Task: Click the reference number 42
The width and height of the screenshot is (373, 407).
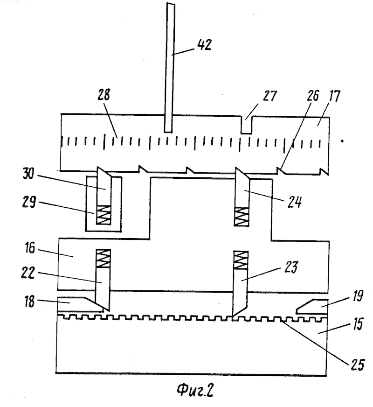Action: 205,45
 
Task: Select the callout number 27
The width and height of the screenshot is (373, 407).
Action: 270,96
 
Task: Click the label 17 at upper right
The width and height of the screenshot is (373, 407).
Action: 334,96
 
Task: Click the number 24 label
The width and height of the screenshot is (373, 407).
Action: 295,202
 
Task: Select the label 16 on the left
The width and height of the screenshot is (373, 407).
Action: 30,248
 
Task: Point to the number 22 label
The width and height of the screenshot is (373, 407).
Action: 28,273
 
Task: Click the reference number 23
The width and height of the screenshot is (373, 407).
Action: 291,267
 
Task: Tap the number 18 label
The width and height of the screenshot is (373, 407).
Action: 30,302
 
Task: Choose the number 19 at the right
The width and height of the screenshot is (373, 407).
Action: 358,295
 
